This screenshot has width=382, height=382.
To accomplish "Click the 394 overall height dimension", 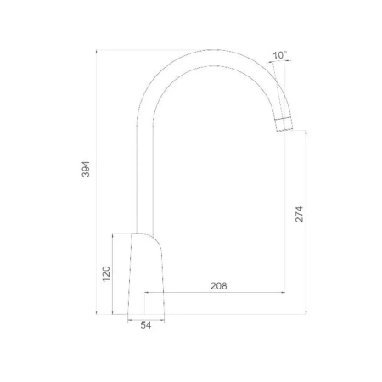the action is coord(86,169).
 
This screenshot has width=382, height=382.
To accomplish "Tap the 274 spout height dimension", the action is coord(299,214).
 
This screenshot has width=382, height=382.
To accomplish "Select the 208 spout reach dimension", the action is coord(219,286).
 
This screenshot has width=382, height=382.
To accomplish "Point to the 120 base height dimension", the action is coord(106,273).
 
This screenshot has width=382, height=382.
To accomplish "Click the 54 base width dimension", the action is coord(146,325).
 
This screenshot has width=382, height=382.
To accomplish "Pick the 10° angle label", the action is coord(279,55).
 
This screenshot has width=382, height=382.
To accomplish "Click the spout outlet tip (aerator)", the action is coord(284,124).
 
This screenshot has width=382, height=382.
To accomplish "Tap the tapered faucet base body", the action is coord(146,274).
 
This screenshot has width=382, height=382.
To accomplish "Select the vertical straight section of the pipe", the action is coord(145,178).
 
